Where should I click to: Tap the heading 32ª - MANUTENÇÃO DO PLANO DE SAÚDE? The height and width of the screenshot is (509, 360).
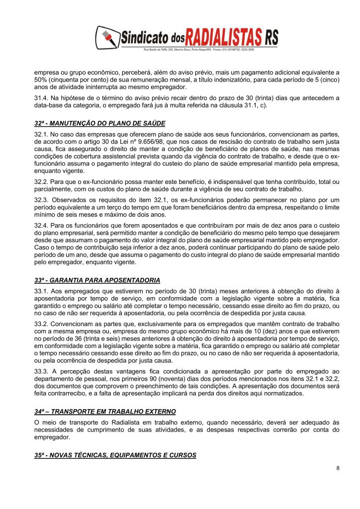(x=99, y=123)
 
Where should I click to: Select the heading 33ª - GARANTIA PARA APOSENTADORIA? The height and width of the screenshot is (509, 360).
(x=97, y=279)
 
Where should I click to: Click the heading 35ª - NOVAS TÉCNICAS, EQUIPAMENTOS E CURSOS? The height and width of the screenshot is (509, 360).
(x=115, y=455)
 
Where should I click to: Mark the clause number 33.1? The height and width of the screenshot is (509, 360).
(x=41, y=291)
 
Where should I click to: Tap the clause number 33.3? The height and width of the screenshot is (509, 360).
(x=41, y=372)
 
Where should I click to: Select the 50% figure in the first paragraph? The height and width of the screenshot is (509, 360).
(x=40, y=79)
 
